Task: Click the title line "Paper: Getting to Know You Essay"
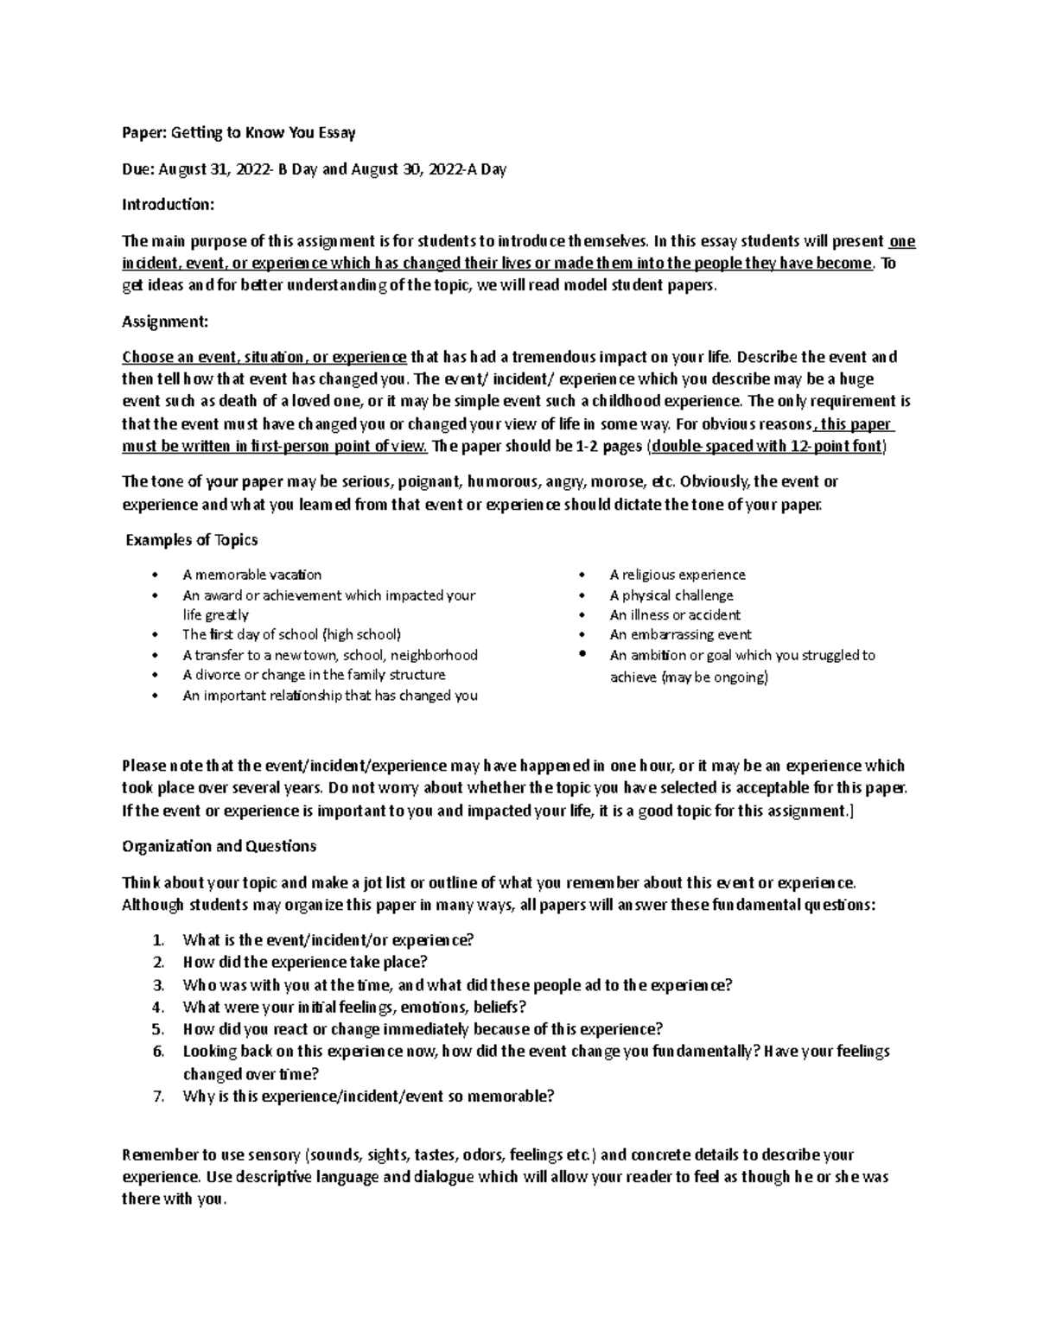click(239, 133)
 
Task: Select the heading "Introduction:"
click(168, 205)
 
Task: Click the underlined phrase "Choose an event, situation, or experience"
click(264, 357)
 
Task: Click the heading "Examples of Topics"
click(192, 540)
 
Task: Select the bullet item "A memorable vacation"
click(251, 575)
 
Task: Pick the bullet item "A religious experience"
click(677, 575)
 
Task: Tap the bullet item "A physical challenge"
click(671, 595)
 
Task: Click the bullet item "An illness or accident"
click(674, 615)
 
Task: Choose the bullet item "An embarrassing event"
click(680, 634)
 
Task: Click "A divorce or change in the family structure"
click(314, 675)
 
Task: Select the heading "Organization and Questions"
click(219, 846)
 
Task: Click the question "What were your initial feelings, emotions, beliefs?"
click(354, 1007)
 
